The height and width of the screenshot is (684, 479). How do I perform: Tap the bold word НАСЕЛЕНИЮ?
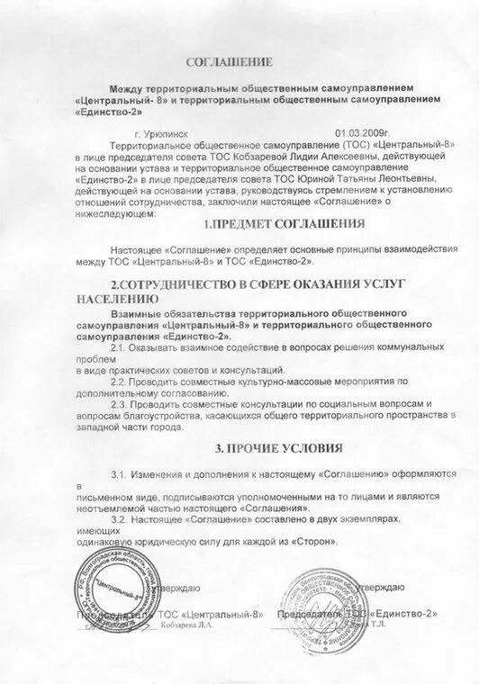pos(113,297)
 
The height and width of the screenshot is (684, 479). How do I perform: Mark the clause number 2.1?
pos(119,346)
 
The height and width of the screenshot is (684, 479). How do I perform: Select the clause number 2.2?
pos(119,381)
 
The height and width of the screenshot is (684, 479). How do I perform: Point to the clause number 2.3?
pos(119,404)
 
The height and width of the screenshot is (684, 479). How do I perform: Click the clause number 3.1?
pos(118,473)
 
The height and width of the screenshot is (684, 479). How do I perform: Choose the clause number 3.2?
pos(118,519)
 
